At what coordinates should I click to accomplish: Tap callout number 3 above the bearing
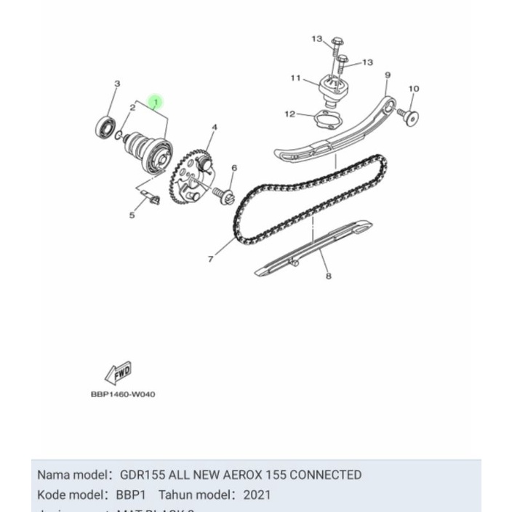coord(117,84)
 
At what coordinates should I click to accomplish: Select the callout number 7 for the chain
coord(211,259)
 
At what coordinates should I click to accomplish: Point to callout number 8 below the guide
coord(329,276)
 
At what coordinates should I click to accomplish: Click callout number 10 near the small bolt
coord(413,89)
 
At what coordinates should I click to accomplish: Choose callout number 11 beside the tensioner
coord(295,79)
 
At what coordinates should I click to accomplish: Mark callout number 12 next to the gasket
coord(289,114)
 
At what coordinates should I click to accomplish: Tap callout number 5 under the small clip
coord(132,215)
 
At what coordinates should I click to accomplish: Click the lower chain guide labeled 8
coord(313,249)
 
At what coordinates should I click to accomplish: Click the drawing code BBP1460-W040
coord(123,394)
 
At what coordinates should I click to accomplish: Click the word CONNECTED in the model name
coord(325,475)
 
